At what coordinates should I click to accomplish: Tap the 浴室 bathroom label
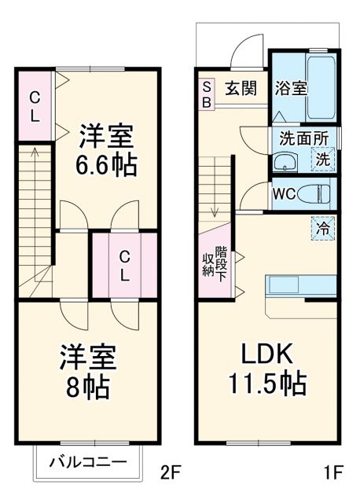click(x=290, y=88)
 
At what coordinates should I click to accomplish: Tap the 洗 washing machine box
click(x=323, y=158)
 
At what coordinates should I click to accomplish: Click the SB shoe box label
click(x=207, y=94)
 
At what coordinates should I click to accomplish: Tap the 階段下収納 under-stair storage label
click(x=215, y=264)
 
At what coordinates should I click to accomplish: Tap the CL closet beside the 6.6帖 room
click(x=35, y=106)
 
